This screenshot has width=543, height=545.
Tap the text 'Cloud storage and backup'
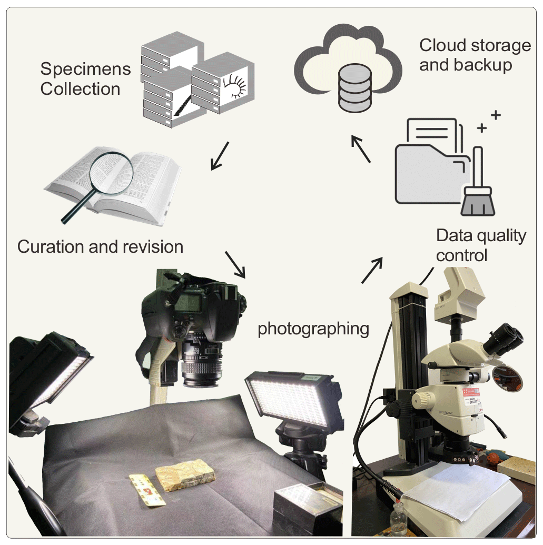tap(475, 55)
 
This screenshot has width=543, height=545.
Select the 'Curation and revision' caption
tap(100, 246)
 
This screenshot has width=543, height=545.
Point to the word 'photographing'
tap(313, 329)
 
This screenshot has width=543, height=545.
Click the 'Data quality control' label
tap(481, 245)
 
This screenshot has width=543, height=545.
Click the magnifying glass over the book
tap(108, 169)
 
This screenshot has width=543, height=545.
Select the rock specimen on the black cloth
tap(185, 477)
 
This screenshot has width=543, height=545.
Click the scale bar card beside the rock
tap(148, 490)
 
